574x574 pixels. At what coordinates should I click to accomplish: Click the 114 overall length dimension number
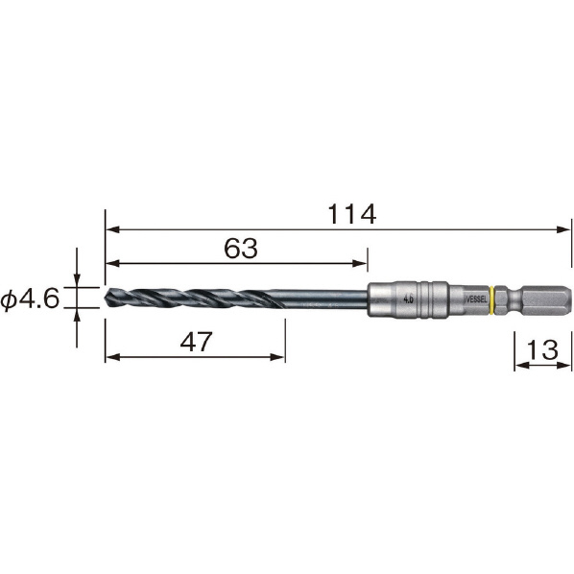coord(352,214)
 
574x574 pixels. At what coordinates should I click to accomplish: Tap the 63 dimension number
coord(241,249)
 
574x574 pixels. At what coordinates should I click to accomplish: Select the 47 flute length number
coord(196,342)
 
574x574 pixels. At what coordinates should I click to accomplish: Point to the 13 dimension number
coord(542,349)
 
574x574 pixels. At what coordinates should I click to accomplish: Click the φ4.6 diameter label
coord(30,299)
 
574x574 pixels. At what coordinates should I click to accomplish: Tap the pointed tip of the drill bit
coord(106,298)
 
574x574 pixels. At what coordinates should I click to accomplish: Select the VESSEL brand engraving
coord(477,299)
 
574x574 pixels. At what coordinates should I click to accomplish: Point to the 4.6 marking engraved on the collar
coord(409,299)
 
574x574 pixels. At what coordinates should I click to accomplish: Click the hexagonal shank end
coord(545,299)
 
